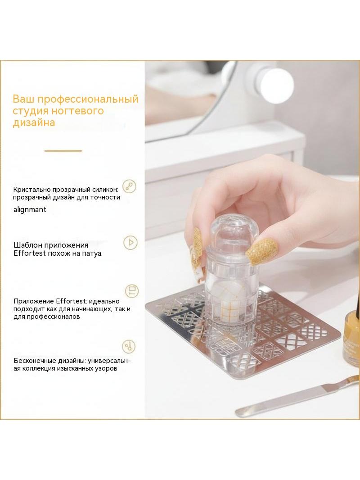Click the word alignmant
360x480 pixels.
[30, 210]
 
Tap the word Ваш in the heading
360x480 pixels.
[24, 99]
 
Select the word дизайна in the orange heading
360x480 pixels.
[34, 122]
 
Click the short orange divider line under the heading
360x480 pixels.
[63, 151]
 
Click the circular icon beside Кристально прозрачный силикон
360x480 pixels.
[129, 186]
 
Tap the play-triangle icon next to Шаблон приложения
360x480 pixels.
[130, 242]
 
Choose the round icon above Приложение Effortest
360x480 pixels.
[132, 290]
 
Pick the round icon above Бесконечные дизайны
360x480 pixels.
[128, 347]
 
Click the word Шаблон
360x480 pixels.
[28, 245]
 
